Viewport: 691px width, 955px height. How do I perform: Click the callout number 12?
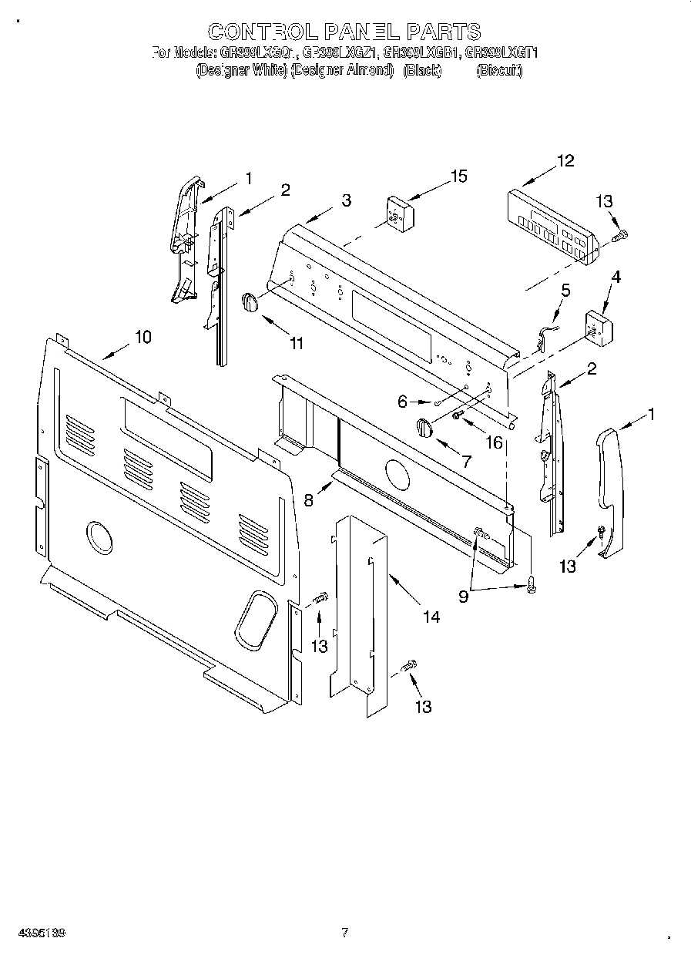click(565, 161)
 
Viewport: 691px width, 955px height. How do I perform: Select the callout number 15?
click(458, 177)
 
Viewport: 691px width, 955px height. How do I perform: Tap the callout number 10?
click(143, 337)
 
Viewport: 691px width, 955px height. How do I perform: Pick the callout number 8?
click(309, 499)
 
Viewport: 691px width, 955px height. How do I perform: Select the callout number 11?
click(297, 344)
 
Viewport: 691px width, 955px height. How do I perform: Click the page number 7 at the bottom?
click(344, 933)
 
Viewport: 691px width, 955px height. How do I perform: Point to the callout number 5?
click(566, 291)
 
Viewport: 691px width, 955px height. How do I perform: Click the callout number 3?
click(347, 200)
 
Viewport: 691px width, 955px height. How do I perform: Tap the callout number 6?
click(401, 401)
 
